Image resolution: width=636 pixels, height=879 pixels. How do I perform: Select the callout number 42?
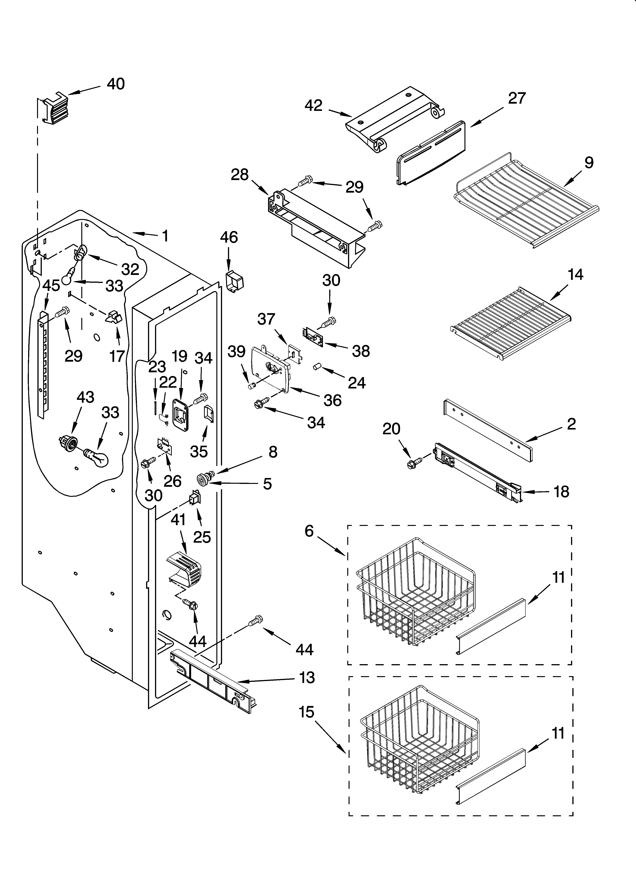313,105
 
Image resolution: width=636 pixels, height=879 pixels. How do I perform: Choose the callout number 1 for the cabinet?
165,236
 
